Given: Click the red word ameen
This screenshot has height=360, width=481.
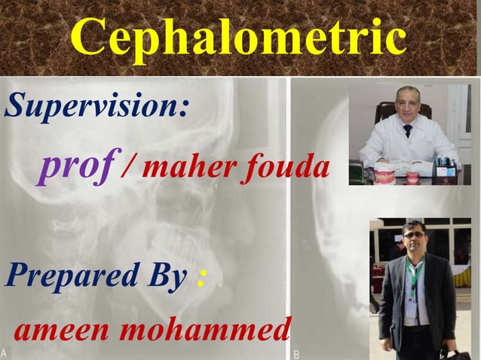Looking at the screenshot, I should tap(60, 328).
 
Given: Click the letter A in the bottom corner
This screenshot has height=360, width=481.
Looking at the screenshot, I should tap(6, 352).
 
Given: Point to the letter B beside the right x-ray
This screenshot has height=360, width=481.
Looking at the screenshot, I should tap(296, 352).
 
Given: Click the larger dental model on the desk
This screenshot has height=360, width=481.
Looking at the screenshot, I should tap(385, 177).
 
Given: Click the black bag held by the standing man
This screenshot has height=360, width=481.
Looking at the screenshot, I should tap(456, 353).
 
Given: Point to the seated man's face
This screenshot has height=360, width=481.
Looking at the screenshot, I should tap(408, 106).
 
